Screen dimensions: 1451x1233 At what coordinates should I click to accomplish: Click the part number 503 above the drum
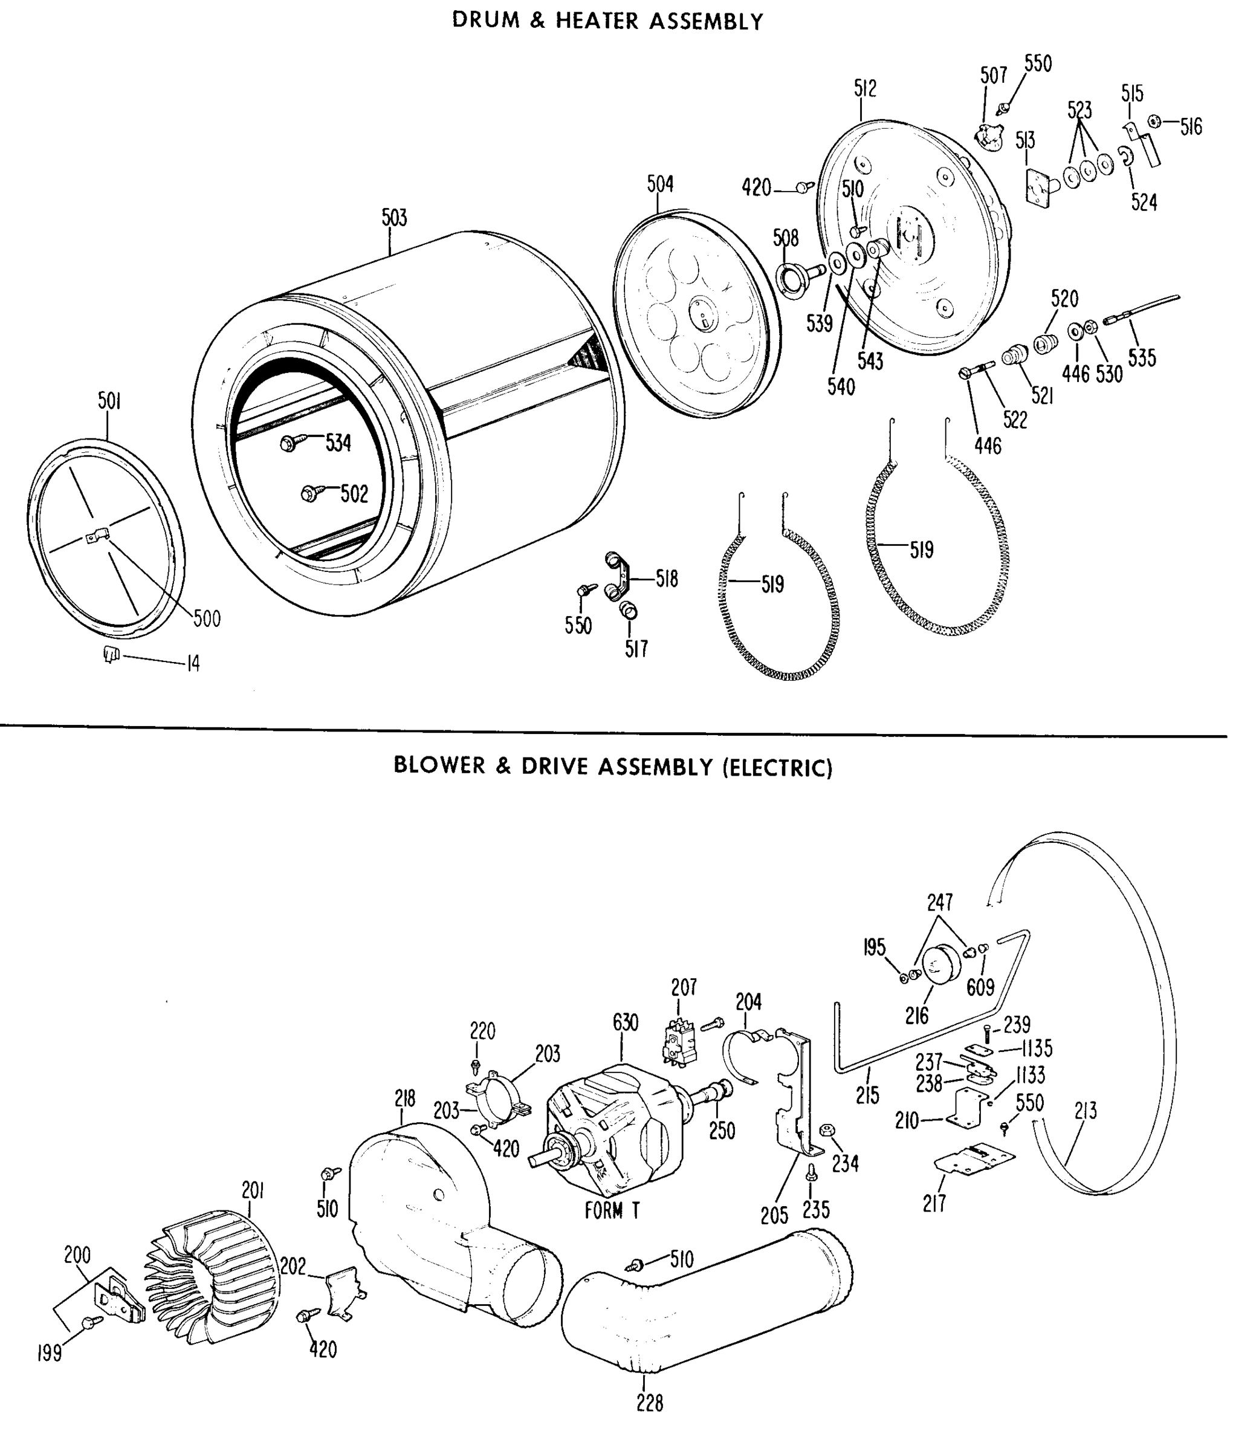pyautogui.click(x=393, y=218)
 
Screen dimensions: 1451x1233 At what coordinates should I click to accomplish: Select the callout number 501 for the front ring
pyautogui.click(x=109, y=401)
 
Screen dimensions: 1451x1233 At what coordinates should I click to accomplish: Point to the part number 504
pyautogui.click(x=660, y=184)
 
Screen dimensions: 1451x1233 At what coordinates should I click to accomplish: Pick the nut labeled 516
pyautogui.click(x=1154, y=122)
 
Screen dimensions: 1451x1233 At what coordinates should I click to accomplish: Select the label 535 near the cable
pyautogui.click(x=1142, y=358)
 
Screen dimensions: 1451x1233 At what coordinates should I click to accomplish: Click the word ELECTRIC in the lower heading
pyautogui.click(x=778, y=768)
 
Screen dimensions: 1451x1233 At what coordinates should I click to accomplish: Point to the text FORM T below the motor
pyautogui.click(x=612, y=1210)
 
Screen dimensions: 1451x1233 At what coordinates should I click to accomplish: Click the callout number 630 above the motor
pyautogui.click(x=625, y=1022)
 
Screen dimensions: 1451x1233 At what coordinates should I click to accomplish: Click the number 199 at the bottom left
pyautogui.click(x=50, y=1353)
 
